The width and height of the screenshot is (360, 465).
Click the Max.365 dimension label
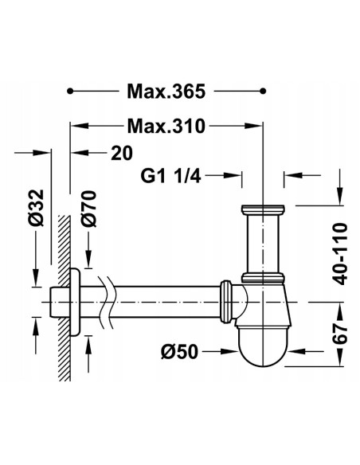166,91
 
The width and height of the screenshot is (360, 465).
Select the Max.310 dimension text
166,126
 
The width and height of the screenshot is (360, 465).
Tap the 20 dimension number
122,153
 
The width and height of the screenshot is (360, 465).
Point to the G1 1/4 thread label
170,176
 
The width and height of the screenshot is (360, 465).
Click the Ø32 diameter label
37,208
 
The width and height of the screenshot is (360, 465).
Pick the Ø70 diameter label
89,209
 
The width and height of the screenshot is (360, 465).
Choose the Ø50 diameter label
179,352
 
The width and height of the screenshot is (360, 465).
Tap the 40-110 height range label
339,254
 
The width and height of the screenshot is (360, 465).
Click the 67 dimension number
339,333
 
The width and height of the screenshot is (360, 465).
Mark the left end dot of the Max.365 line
70,91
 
